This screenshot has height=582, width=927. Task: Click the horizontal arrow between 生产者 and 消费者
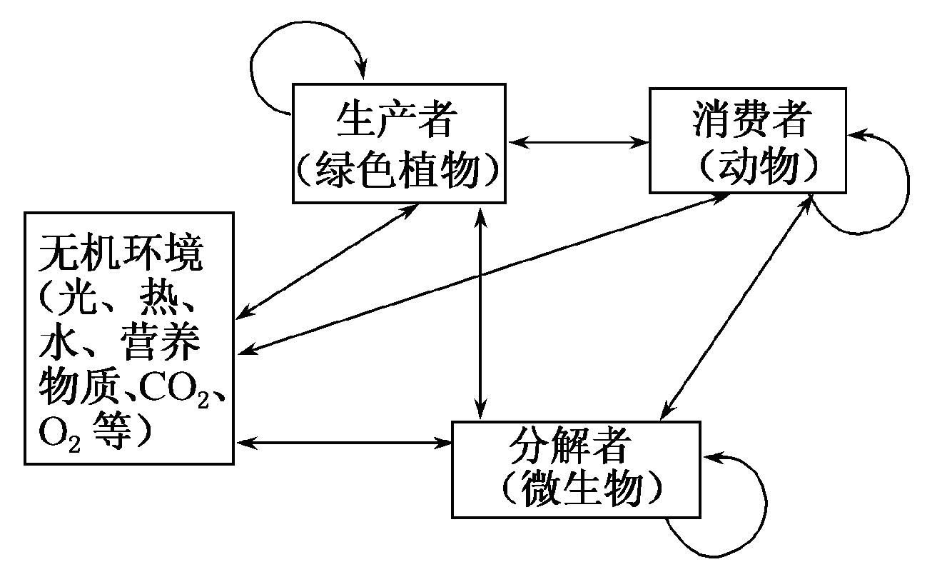point(578,141)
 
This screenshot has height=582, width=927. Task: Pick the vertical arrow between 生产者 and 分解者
point(482,314)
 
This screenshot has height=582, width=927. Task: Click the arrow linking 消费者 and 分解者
point(735,307)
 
